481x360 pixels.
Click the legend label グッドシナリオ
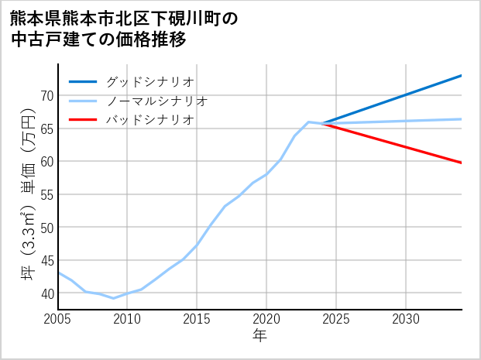[149, 81]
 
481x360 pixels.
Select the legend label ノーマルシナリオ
[156, 101]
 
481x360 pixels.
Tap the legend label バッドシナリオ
[149, 120]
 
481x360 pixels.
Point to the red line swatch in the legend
[83, 120]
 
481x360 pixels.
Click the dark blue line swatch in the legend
[83, 81]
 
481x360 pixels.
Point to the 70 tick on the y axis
[46, 95]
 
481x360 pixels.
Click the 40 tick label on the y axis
[46, 293]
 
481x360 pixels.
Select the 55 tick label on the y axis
[46, 194]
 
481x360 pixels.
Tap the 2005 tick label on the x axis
[58, 319]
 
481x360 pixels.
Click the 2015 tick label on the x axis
[197, 319]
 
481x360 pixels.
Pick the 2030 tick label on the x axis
[406, 319]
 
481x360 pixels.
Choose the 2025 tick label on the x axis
[336, 319]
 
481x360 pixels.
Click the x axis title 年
[259, 336]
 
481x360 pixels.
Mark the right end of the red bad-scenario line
[462, 163]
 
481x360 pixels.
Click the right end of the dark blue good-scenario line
[462, 75]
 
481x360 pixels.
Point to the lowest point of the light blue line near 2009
[114, 298]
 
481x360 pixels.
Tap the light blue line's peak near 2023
[308, 122]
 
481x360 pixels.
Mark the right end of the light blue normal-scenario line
[462, 119]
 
